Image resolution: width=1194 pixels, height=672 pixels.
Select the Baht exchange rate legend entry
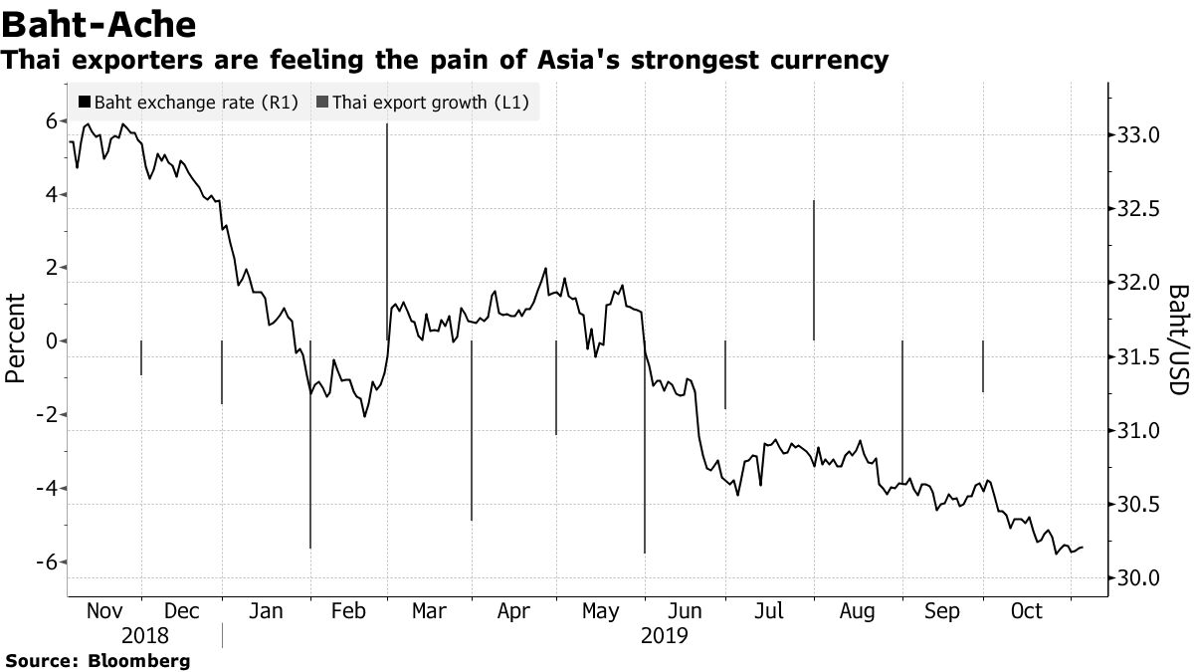click(190, 102)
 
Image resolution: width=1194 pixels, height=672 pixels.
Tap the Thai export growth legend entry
click(423, 102)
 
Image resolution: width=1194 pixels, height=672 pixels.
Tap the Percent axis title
click(15, 338)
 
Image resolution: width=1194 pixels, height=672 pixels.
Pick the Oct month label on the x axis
click(1026, 610)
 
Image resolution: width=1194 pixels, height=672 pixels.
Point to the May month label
click(599, 610)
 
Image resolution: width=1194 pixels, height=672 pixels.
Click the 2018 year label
click(146, 635)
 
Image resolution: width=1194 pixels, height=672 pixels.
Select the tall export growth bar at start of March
click(387, 229)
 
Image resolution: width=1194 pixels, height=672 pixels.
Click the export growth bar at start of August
click(814, 269)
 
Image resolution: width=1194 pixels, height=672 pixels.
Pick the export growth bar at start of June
click(645, 448)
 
